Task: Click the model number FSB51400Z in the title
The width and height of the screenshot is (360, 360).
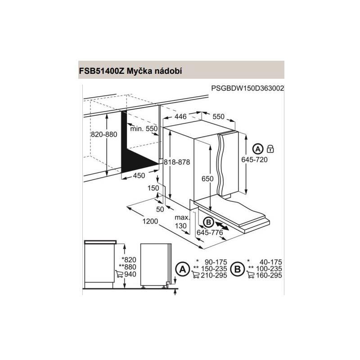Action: pos(101,71)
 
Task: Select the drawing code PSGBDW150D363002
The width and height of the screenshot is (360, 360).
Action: pos(247,89)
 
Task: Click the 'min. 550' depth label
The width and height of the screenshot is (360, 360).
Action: pos(144,129)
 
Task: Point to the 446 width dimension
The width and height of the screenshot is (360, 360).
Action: pos(180,117)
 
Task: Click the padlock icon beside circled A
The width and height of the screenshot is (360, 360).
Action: pos(270,148)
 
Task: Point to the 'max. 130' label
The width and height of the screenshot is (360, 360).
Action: pos(180,222)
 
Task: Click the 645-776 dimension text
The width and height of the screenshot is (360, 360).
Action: pos(210,232)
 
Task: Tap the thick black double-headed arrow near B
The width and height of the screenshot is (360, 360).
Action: pos(225,225)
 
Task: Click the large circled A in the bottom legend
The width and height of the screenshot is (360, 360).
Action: pos(182,269)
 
